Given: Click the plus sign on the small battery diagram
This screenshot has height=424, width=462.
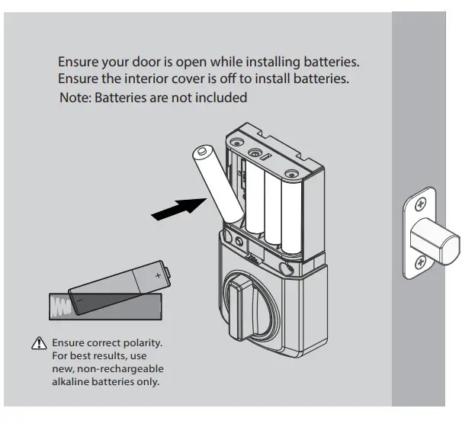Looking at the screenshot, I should pos(158,274).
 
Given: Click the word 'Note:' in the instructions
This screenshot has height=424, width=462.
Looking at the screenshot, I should pos(75,98).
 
